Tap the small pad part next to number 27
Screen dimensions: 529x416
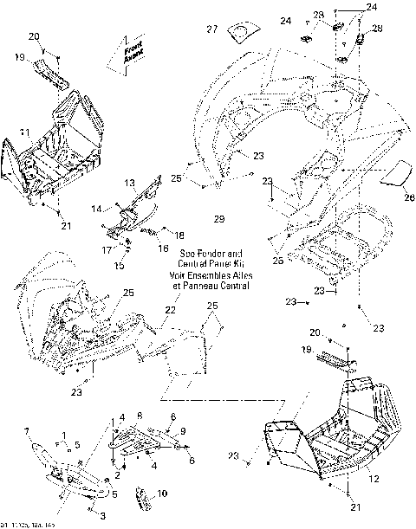(x=238, y=32)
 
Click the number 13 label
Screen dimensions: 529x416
(x=129, y=184)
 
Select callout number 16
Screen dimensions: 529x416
(x=162, y=248)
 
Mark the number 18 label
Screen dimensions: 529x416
(x=179, y=235)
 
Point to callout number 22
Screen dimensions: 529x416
(x=172, y=309)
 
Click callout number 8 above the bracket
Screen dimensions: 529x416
(x=140, y=417)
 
